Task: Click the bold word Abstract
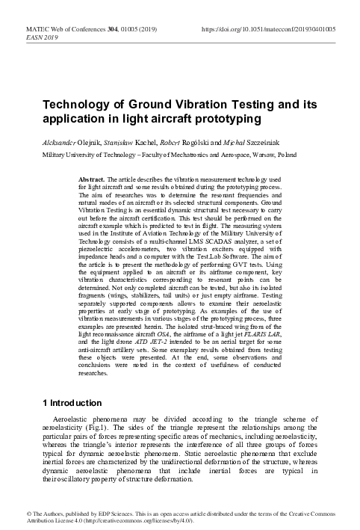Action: (x=93, y=181)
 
